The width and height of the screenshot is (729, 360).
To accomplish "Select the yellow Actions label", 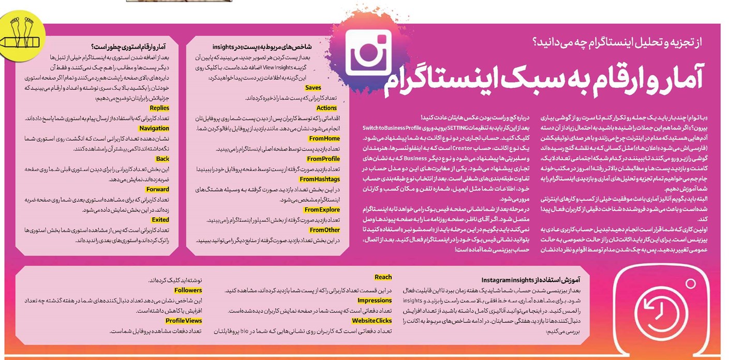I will click(x=326, y=108).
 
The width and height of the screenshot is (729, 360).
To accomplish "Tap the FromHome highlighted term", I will click(x=324, y=139).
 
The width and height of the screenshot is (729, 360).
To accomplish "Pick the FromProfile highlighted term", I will click(x=323, y=159).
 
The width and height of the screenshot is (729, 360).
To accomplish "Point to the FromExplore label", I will click(x=322, y=209).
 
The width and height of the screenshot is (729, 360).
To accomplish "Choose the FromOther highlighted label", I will click(x=325, y=230).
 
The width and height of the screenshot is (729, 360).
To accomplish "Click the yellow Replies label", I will click(x=159, y=108).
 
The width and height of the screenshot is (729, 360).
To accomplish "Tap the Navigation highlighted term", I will click(x=154, y=128).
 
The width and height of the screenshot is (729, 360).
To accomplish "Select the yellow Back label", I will click(x=162, y=159).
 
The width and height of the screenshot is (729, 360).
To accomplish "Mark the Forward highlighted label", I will click(x=158, y=189).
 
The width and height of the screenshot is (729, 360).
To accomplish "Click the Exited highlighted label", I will click(x=160, y=220).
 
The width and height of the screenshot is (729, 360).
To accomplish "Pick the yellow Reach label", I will click(x=383, y=277).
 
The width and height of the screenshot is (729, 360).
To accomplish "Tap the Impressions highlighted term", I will click(x=375, y=301).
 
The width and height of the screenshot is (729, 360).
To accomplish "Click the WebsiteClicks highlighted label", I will click(x=372, y=321).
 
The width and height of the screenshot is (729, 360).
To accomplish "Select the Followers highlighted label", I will click(x=188, y=290).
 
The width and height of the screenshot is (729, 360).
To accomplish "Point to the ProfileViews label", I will click(x=184, y=321).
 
